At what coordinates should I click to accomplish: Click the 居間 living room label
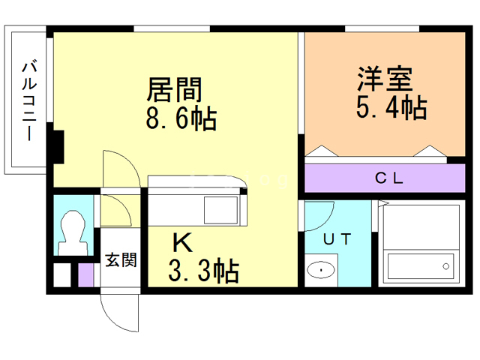click(x=174, y=89)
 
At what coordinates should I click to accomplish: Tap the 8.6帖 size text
click(x=181, y=118)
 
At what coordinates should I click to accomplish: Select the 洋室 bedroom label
click(x=385, y=79)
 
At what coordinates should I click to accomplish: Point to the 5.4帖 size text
click(x=391, y=107)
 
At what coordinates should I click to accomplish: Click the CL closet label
click(x=389, y=178)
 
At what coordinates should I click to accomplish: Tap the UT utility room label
click(x=337, y=239)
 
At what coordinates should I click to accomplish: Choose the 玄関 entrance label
click(x=121, y=260)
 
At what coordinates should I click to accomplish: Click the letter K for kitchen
click(x=182, y=242)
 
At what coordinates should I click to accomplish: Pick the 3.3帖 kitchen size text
click(x=204, y=270)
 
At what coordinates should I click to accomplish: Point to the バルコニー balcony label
click(x=30, y=101)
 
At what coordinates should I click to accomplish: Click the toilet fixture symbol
click(x=73, y=232)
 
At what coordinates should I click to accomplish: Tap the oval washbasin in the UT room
click(x=321, y=270)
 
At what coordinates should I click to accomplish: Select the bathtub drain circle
click(x=446, y=266)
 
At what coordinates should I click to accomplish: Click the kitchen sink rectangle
click(x=220, y=210)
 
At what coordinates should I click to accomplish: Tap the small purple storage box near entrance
click(x=85, y=275)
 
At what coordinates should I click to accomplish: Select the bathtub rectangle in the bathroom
click(x=420, y=266)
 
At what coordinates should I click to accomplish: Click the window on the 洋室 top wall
click(x=382, y=28)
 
